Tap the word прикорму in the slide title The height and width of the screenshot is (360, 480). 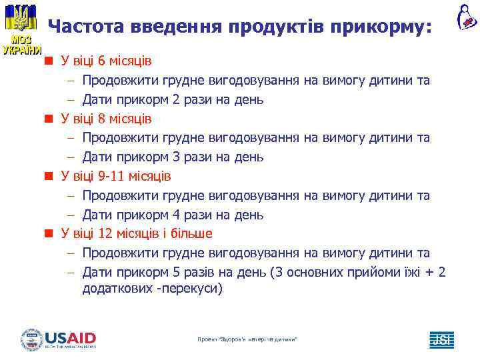[383, 27]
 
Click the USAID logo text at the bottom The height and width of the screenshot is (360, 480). [70, 338]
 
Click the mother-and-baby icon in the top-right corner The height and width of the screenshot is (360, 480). [466, 17]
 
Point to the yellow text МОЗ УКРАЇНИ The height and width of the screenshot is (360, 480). [21, 45]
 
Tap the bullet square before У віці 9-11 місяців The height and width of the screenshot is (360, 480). [49, 177]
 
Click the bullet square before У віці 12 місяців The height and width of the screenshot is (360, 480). [49, 234]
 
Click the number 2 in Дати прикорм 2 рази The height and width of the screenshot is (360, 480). [175, 100]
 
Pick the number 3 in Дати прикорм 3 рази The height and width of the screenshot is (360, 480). [175, 157]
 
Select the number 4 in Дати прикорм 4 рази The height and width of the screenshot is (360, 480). [175, 215]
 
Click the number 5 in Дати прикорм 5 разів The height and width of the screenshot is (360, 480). [175, 272]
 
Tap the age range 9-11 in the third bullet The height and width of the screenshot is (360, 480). [112, 177]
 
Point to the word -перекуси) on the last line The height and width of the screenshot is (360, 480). [189, 289]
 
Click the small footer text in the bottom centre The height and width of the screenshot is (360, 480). [247, 340]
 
